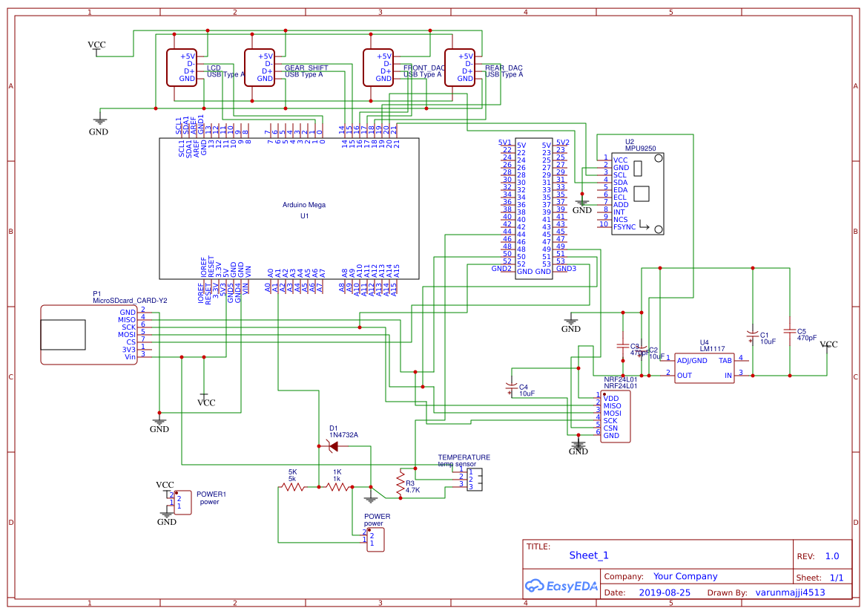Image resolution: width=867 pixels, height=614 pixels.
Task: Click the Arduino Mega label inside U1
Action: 303,205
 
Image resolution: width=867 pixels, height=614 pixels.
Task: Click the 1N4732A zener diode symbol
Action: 332,446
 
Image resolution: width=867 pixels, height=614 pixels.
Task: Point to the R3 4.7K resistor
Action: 400,483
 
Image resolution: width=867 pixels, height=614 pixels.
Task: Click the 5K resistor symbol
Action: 292,488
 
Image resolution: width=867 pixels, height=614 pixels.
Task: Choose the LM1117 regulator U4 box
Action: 704,368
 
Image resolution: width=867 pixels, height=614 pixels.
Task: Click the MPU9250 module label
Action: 640,148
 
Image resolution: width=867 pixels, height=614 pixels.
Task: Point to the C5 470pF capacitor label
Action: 806,334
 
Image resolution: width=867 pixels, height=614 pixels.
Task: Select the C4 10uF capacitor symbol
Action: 510,387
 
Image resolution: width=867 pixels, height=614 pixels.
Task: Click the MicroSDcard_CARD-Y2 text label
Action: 130,301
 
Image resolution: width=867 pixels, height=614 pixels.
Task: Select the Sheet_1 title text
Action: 588,555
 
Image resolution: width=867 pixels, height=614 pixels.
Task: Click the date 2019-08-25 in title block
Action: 664,592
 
